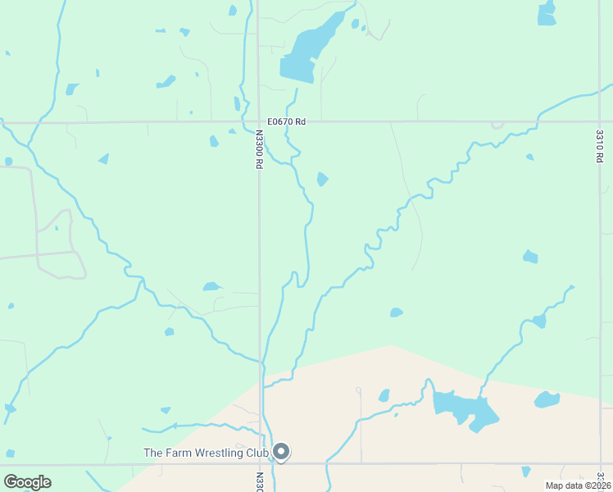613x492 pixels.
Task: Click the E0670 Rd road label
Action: pos(285,121)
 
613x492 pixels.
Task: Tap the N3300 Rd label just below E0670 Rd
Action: pos(258,149)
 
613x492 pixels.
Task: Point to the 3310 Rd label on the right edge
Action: pos(600,146)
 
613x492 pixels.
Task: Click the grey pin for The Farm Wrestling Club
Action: pos(281,452)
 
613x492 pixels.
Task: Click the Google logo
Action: pos(27,482)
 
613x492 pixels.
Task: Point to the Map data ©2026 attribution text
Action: pos(577,485)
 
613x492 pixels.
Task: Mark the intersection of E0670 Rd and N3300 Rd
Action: pos(258,122)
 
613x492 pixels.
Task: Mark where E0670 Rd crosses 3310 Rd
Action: pos(601,122)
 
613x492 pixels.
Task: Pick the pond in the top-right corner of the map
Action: pos(547,12)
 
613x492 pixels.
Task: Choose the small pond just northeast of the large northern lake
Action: pos(355,24)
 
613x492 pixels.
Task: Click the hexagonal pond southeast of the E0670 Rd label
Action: pos(322,179)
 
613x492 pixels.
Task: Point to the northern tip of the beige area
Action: pos(392,345)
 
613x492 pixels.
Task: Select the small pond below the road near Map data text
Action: pos(525,471)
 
